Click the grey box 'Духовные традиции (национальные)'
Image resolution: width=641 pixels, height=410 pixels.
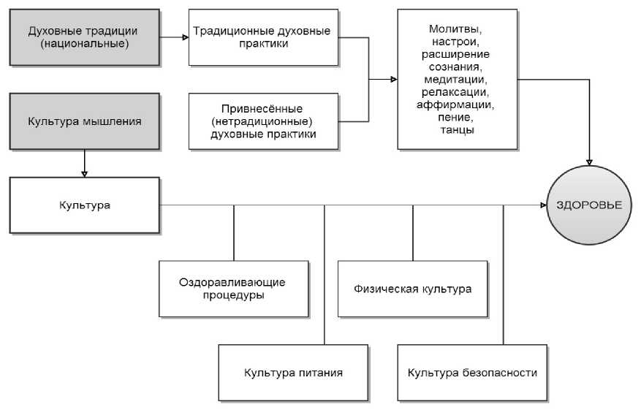(84, 37)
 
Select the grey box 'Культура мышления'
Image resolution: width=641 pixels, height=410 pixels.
(84, 121)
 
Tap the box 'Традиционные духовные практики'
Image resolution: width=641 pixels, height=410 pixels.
(262, 37)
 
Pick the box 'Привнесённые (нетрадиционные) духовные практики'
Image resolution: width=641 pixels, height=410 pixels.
(262, 121)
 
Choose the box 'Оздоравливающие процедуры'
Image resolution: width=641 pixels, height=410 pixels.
(232, 288)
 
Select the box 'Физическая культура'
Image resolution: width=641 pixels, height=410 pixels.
(414, 288)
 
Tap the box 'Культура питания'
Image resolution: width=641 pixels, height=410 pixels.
(292, 372)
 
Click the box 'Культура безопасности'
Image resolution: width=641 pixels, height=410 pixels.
(472, 372)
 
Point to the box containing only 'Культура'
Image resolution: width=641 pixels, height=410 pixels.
(84, 205)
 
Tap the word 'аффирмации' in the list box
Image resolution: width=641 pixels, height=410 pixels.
(457, 105)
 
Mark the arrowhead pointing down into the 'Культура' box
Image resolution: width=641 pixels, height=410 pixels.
(84, 173)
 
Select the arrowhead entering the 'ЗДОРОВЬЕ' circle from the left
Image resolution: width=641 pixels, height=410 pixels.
(545, 205)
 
